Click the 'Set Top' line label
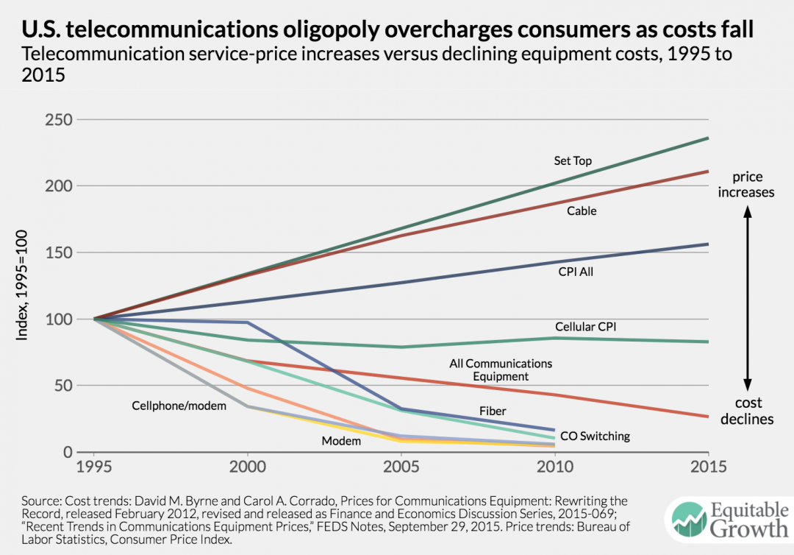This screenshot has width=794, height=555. (573, 160)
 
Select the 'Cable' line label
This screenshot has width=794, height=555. (582, 211)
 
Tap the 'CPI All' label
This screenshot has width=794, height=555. (576, 272)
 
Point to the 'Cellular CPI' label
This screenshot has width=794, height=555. (585, 327)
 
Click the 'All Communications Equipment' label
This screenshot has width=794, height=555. (501, 370)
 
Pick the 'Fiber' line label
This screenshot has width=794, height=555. (493, 411)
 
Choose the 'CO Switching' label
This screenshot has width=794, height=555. (595, 436)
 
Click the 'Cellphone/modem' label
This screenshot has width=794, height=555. (179, 406)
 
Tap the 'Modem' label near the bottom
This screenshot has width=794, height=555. (341, 442)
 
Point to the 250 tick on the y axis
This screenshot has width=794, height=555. (59, 120)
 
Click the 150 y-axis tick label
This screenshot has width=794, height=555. (59, 252)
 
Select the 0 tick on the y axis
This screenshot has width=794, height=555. (68, 452)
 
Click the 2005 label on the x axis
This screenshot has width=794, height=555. (401, 466)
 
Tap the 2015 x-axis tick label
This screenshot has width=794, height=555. (709, 466)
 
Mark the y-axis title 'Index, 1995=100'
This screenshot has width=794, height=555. (21, 285)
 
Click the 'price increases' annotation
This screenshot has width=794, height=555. (746, 185)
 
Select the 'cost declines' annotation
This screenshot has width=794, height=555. (747, 411)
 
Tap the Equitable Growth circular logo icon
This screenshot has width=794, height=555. (689, 520)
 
